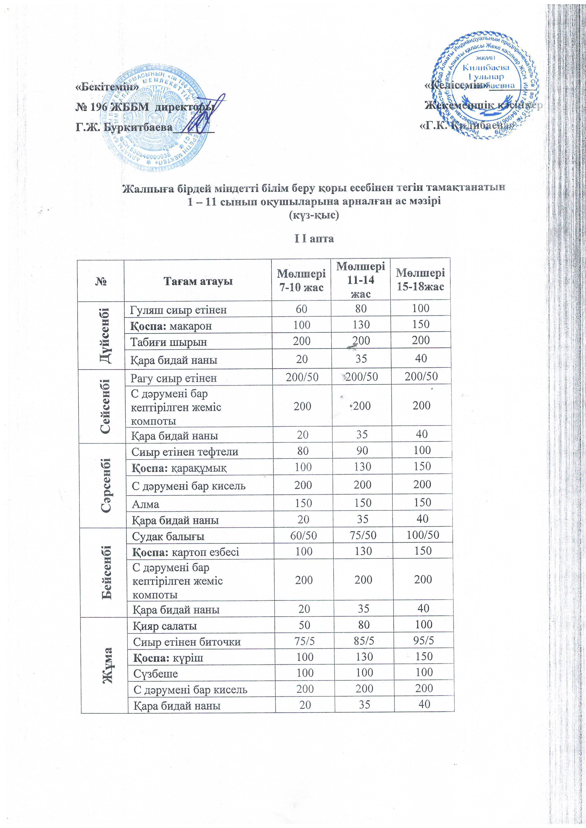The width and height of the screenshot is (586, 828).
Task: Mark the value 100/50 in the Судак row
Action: coord(423,534)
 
